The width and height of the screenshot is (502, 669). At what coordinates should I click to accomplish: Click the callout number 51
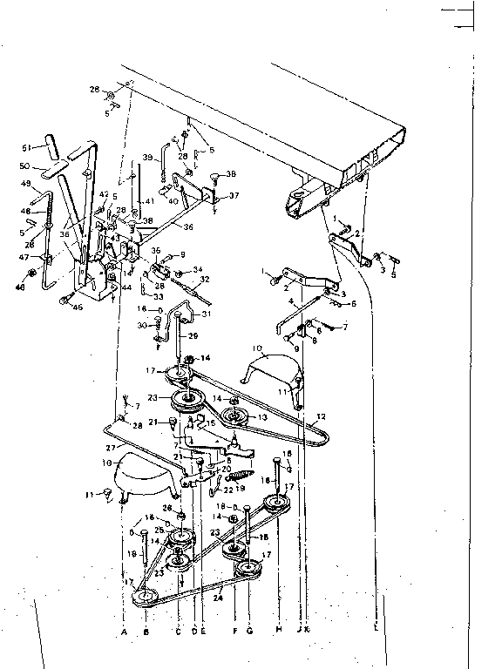click(26, 147)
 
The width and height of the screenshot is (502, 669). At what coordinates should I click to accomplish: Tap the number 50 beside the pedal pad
click(26, 165)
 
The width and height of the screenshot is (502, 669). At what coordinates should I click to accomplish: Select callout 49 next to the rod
click(26, 183)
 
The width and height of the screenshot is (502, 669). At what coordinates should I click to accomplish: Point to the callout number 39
click(147, 158)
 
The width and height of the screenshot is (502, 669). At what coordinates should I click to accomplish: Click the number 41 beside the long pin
click(149, 201)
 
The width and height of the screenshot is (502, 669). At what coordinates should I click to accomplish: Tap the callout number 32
click(206, 280)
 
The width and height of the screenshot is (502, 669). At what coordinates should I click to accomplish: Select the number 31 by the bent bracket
click(207, 314)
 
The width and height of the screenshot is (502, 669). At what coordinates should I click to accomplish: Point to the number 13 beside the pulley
click(260, 417)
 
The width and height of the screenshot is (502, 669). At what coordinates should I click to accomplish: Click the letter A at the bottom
click(124, 630)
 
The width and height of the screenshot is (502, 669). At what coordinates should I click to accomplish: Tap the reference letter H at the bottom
click(278, 630)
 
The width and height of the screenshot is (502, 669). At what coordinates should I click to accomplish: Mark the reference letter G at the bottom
click(249, 630)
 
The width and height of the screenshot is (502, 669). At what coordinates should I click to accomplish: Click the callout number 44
click(126, 287)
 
